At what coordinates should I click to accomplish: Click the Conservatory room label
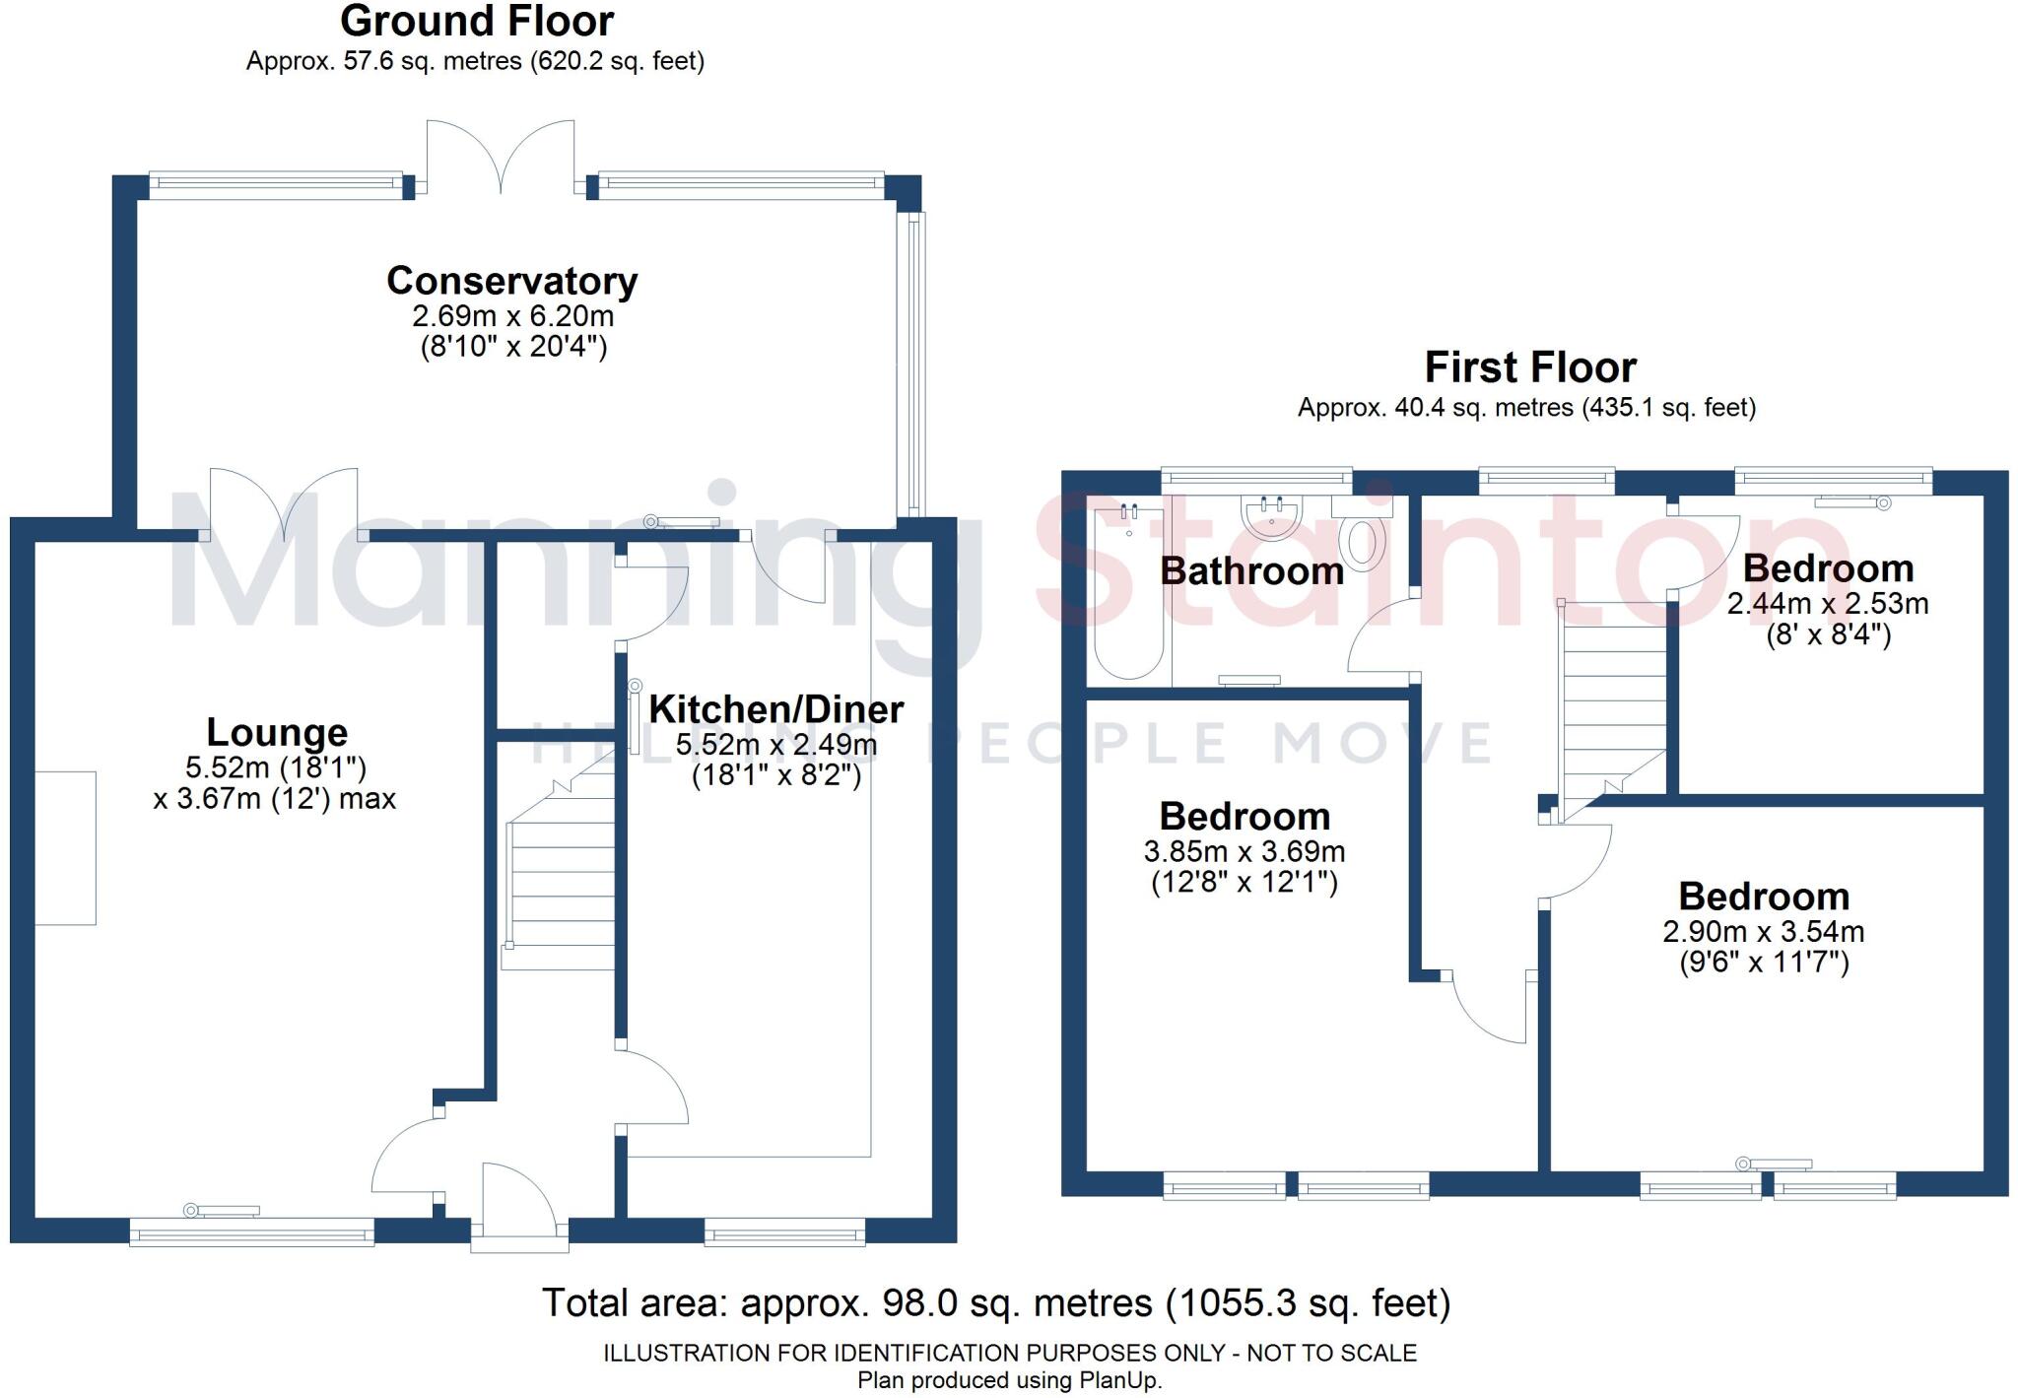511,282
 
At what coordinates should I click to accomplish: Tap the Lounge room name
277,733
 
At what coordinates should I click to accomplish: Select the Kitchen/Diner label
775,709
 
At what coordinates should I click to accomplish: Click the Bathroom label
1251,571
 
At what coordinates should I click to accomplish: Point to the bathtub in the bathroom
1129,591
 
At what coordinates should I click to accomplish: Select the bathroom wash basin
1273,516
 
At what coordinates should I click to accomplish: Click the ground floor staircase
560,867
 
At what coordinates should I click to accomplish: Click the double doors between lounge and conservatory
284,502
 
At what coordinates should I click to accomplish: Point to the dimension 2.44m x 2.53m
1828,604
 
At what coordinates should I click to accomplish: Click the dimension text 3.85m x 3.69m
1244,851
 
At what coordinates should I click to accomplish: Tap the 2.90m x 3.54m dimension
1763,932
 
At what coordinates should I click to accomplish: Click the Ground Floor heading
477,22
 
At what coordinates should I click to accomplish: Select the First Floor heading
1530,368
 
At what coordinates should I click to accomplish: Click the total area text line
996,1303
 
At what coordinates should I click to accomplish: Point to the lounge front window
252,1232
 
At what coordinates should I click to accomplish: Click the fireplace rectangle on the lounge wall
66,848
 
